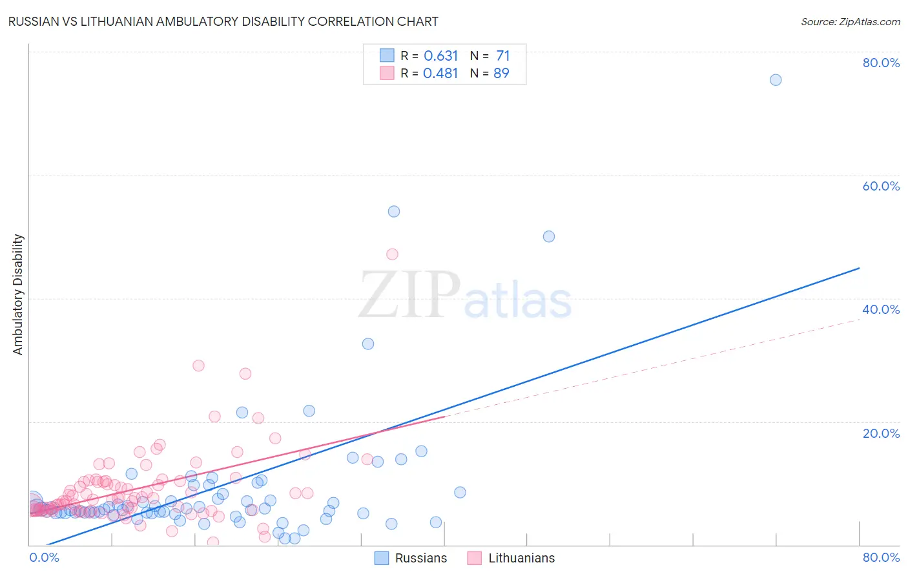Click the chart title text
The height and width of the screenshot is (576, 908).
point(223,21)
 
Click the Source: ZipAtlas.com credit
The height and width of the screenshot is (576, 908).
point(850,21)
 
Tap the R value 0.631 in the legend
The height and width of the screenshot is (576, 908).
point(440,56)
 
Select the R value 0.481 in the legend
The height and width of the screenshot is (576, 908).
point(440,73)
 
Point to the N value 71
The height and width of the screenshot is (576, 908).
point(503,56)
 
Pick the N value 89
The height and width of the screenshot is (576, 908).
point(502,73)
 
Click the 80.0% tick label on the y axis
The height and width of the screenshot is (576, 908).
point(881,63)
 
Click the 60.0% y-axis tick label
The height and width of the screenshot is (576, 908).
point(881,186)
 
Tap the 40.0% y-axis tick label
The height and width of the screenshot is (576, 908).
point(881,309)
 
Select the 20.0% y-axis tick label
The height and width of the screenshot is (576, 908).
point(881,433)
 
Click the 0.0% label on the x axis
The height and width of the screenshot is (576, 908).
point(44,557)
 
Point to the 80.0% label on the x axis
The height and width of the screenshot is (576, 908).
point(881,557)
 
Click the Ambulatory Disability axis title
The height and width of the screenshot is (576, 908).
point(18,294)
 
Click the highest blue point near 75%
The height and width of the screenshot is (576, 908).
point(776,80)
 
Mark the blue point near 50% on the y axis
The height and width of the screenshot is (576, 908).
point(549,236)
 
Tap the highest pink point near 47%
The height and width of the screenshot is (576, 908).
point(392,254)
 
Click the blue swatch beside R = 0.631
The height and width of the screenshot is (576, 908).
point(387,56)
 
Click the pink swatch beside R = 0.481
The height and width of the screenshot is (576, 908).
point(387,73)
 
